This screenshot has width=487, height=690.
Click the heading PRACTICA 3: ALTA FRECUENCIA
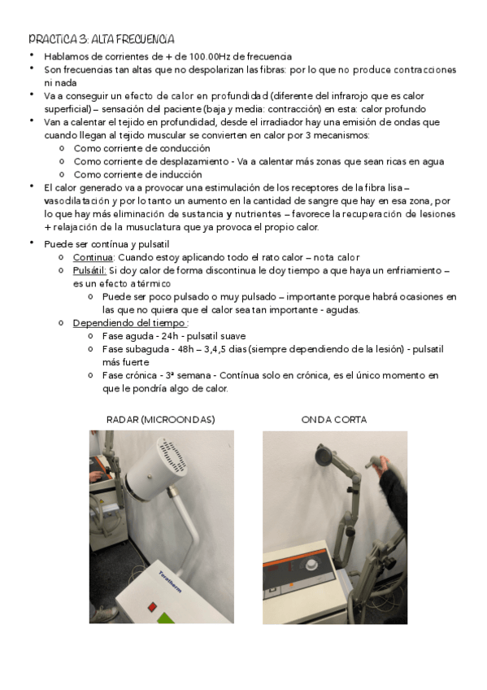pyautogui.click(x=101, y=39)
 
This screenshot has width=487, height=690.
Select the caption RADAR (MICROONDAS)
pyautogui.click(x=161, y=420)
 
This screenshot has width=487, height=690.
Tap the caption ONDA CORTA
pyautogui.click(x=333, y=420)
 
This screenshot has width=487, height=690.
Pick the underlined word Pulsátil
pyautogui.click(x=89, y=270)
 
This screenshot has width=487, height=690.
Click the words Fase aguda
pyautogui.click(x=128, y=336)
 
